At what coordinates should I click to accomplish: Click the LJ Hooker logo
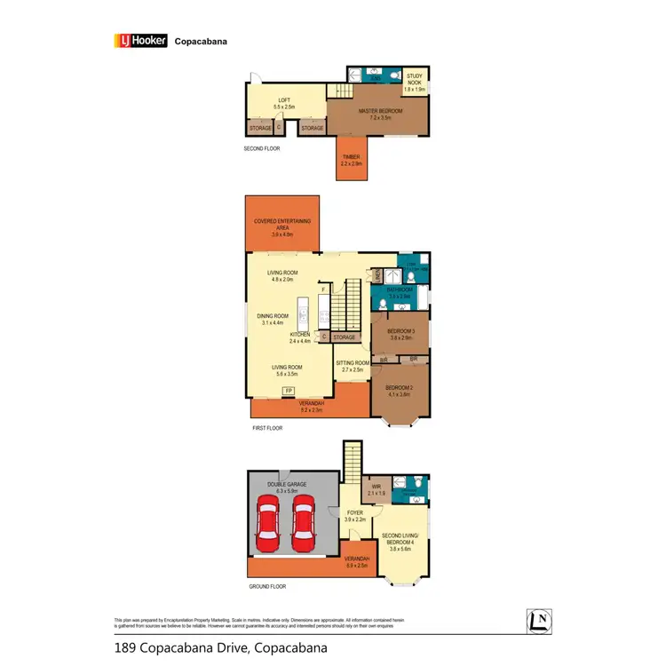[x=140, y=40]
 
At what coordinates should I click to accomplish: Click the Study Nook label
[x=415, y=83]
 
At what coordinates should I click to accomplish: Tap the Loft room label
[x=284, y=103]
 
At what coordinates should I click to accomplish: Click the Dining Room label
[x=272, y=318]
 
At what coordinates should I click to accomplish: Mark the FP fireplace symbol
[x=288, y=391]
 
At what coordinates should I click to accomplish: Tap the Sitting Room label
[x=352, y=365]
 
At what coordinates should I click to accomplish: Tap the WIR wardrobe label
[x=376, y=488]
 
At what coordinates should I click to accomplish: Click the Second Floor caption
[x=262, y=148]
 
